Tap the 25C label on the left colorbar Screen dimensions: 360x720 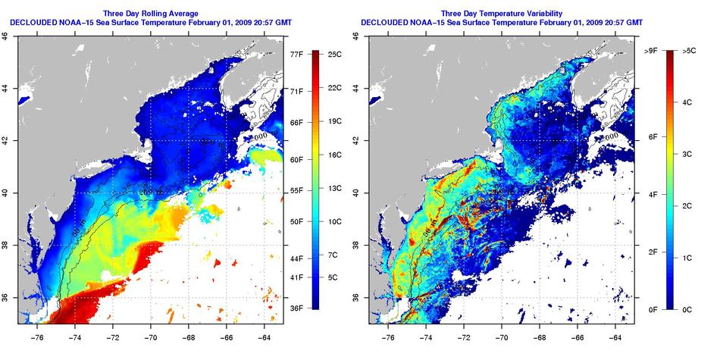coord(338,54)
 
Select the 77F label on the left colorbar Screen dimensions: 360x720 coord(297,54)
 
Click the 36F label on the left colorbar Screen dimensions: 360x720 coord(297,308)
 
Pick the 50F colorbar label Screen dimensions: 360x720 coord(297,221)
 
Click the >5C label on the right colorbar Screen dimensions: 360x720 coord(689,51)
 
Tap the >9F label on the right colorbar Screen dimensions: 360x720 coord(650,51)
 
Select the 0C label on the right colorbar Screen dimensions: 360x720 coord(688,308)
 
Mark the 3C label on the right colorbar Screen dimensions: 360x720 coord(688,154)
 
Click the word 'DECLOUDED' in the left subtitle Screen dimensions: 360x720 coord(37,23)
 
